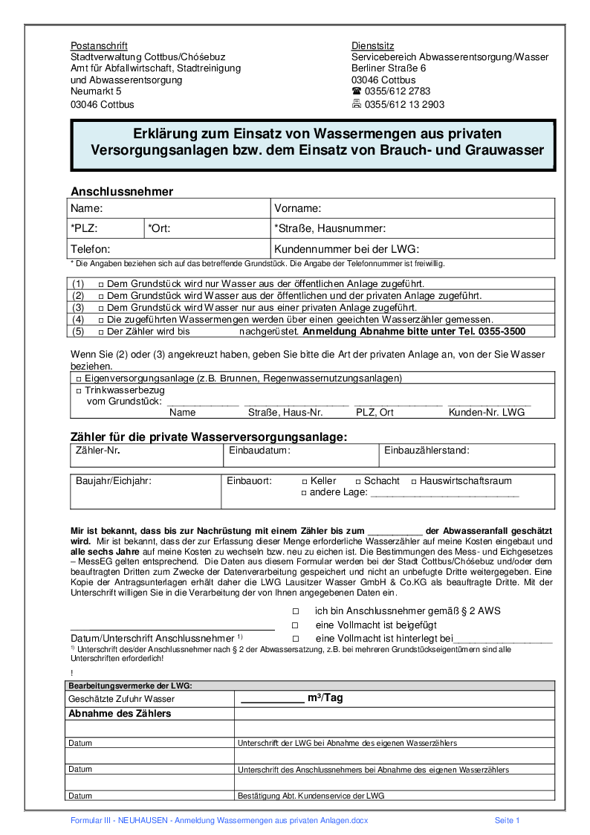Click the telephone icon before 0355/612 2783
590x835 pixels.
click(x=357, y=91)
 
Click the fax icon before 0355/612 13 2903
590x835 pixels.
click(x=357, y=104)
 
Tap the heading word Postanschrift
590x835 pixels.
click(x=99, y=45)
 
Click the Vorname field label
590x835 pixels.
click(x=297, y=209)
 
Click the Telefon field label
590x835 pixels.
click(x=91, y=249)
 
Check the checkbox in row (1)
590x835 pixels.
click(x=100, y=284)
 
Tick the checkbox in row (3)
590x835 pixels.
click(x=100, y=307)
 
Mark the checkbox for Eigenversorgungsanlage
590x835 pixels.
click(x=79, y=378)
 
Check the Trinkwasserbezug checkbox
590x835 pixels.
click(x=79, y=390)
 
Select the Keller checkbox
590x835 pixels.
click(x=304, y=482)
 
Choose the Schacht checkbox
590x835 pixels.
click(x=357, y=482)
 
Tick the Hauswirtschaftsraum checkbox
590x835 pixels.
click(x=414, y=482)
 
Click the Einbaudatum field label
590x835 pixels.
click(x=259, y=451)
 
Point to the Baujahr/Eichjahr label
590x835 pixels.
click(x=114, y=481)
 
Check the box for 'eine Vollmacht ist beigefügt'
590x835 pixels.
click(x=295, y=625)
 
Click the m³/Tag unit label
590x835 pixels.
click(x=325, y=698)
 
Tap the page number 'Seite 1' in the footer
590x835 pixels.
click(x=508, y=820)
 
